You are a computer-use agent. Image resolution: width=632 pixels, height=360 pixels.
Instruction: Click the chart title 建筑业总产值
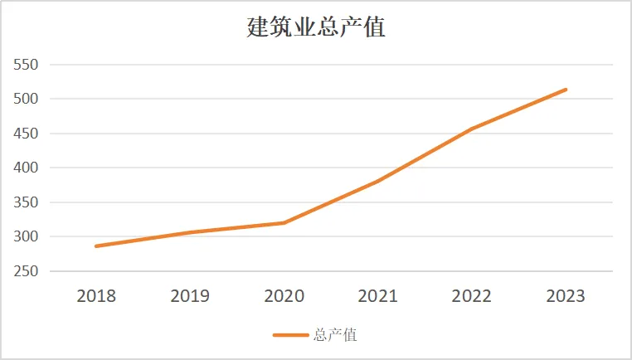pyautogui.click(x=316, y=27)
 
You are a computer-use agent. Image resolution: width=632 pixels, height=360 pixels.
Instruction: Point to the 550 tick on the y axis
pyautogui.click(x=26, y=65)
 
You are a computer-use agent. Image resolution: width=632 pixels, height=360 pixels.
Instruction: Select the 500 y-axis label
pyautogui.click(x=26, y=99)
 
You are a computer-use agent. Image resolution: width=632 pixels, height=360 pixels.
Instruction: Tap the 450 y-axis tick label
pyautogui.click(x=26, y=134)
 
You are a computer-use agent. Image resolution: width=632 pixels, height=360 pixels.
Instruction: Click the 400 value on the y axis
pyautogui.click(x=26, y=168)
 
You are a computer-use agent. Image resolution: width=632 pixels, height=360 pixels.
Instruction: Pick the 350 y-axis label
pyautogui.click(x=26, y=202)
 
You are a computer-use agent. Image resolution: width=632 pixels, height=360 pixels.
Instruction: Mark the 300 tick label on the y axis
pyautogui.click(x=26, y=236)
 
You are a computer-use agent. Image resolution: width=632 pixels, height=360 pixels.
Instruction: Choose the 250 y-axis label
pyautogui.click(x=26, y=271)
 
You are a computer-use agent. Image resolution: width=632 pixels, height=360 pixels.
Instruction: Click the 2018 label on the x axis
pyautogui.click(x=96, y=296)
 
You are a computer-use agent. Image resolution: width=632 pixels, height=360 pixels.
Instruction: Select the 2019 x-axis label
pyautogui.click(x=190, y=296)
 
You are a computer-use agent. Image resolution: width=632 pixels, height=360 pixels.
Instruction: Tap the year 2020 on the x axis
pyautogui.click(x=284, y=296)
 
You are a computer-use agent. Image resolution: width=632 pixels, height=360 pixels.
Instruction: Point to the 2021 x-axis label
pyautogui.click(x=378, y=296)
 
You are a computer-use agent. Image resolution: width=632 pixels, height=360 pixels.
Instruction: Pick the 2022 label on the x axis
pyautogui.click(x=472, y=296)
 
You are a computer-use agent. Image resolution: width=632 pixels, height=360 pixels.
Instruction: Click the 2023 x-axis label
pyautogui.click(x=566, y=296)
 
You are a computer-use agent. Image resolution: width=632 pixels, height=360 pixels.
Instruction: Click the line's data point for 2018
pyautogui.click(x=96, y=246)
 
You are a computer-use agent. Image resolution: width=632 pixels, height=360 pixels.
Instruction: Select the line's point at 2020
pyautogui.click(x=284, y=222)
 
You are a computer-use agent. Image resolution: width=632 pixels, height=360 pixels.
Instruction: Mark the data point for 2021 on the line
pyautogui.click(x=378, y=181)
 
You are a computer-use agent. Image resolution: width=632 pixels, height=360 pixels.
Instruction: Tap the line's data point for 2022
pyautogui.click(x=472, y=129)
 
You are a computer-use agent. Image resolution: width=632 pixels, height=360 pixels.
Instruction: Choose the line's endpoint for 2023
pyautogui.click(x=566, y=90)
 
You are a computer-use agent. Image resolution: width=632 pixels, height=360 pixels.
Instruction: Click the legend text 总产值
pyautogui.click(x=335, y=335)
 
